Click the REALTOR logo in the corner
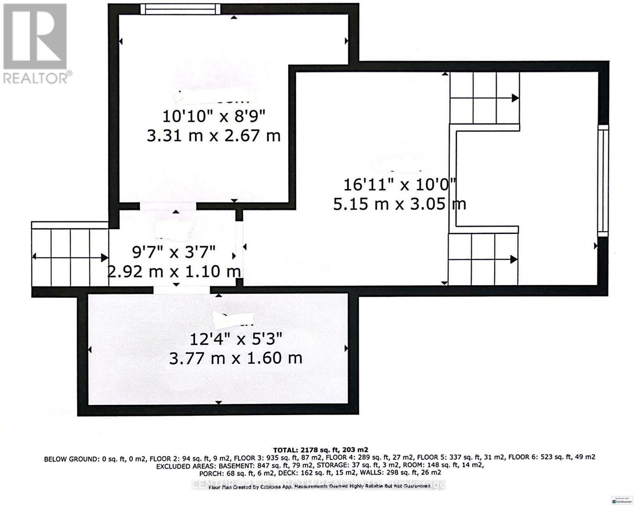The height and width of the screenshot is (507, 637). (35, 42)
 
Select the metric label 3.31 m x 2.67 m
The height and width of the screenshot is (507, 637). (214, 136)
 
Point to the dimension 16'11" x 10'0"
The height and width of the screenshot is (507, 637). (399, 185)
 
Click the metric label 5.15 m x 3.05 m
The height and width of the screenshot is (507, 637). (399, 204)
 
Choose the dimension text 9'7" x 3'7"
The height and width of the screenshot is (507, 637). (174, 252)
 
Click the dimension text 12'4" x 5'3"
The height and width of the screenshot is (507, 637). (236, 338)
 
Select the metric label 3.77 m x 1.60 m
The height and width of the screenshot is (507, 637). (236, 359)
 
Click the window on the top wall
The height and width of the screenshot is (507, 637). (180, 9)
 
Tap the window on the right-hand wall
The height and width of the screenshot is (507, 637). (604, 180)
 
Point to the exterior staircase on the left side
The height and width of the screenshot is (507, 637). (70, 256)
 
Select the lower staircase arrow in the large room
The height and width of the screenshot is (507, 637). (483, 259)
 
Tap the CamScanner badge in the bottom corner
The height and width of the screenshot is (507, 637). (624, 500)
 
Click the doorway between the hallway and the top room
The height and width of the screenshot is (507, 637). (168, 206)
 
